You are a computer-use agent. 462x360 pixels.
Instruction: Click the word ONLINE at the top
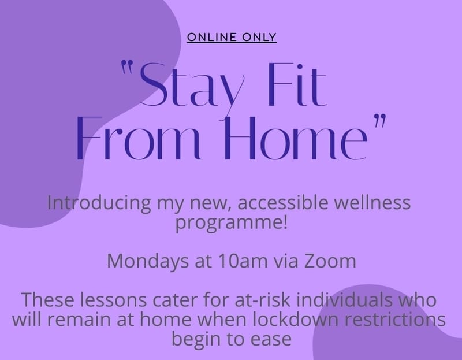(211, 37)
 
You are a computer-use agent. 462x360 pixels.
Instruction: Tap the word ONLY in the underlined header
(259, 37)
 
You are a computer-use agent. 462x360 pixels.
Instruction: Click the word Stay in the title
(192, 86)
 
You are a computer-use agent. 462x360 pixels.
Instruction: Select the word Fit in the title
(298, 84)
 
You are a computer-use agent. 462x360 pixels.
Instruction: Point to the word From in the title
(139, 138)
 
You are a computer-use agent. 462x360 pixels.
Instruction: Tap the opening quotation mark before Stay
(128, 67)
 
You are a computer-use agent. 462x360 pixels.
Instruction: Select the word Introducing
(99, 203)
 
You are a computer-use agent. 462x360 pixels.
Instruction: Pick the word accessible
(283, 203)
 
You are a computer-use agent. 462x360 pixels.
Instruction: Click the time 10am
(243, 261)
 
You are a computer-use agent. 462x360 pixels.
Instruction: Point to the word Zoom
(330, 261)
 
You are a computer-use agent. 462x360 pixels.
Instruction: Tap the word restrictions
(395, 320)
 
